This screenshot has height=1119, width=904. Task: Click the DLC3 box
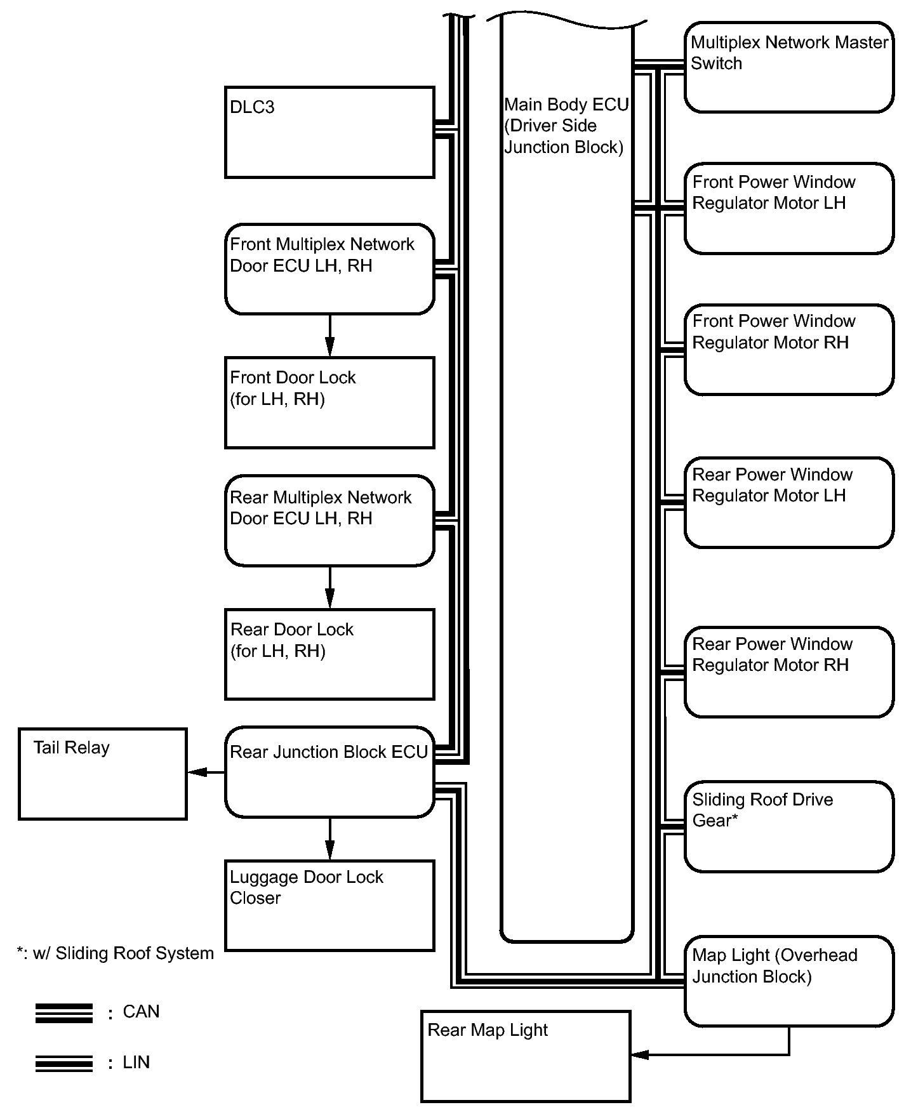[329, 133]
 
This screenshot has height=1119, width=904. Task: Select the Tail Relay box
[103, 774]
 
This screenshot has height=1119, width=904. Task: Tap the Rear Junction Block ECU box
[329, 772]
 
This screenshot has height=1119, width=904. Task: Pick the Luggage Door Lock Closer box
[329, 905]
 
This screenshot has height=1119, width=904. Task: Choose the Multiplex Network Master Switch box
[789, 67]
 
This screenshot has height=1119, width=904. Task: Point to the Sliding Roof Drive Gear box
[789, 826]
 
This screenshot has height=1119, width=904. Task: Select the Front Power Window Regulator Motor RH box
[789, 350]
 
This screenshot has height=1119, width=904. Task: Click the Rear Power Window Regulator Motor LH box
[789, 503]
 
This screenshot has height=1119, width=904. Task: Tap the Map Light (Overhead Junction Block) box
[789, 981]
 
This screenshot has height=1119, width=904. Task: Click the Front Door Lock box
[329, 402]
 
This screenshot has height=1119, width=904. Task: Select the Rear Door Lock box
[329, 654]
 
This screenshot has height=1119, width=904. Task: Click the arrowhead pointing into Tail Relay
[197, 772]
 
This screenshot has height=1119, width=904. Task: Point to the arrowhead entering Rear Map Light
[640, 1054]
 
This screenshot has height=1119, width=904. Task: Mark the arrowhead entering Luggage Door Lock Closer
[329, 851]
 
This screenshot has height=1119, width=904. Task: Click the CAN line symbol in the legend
[64, 1013]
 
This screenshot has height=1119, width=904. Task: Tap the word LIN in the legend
[136, 1063]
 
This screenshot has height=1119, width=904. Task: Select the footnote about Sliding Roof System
[116, 953]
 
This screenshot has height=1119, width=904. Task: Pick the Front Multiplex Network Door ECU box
[329, 268]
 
